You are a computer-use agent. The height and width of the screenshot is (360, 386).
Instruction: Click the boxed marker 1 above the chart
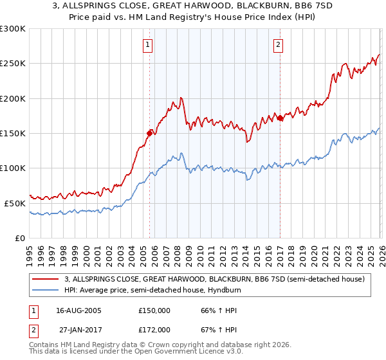pyautogui.click(x=149, y=45)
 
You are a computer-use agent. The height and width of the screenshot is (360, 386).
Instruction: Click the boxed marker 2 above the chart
pyautogui.click(x=278, y=45)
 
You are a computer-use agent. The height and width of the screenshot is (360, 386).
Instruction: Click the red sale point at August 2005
pyautogui.click(x=149, y=133)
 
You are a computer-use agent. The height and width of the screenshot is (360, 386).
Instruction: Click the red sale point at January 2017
pyautogui.click(x=280, y=118)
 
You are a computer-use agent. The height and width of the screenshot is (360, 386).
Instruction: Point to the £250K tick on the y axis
pyautogui.click(x=13, y=64)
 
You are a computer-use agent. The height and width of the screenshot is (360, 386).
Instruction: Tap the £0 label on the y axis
pyautogui.click(x=20, y=238)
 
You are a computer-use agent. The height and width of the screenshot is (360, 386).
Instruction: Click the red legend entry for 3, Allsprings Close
pyautogui.click(x=215, y=279)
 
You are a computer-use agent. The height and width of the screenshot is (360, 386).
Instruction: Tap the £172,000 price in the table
pyautogui.click(x=154, y=329)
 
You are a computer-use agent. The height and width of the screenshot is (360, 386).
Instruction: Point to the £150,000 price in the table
pyautogui.click(x=154, y=310)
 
